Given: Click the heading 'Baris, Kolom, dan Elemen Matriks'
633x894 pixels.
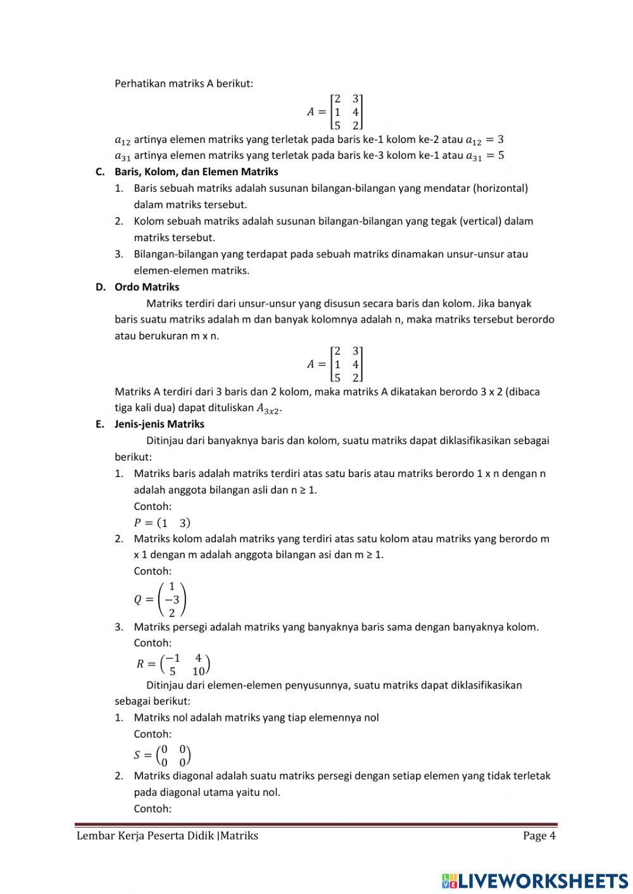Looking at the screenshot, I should pos(196,171).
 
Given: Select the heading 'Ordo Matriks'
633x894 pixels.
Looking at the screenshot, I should pos(146,287).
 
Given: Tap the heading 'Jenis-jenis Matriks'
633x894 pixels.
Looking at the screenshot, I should pos(159,424).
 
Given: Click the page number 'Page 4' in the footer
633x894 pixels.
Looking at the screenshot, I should pos(539,835).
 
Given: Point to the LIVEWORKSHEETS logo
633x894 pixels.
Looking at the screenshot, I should pos(534,880).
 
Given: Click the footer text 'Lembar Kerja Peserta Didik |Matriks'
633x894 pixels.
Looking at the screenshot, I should pos(167,835).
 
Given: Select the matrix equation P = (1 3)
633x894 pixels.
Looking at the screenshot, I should pos(161,523).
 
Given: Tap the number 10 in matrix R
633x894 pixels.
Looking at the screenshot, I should pos(198,671).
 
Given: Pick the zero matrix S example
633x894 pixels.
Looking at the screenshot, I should pos(163,754).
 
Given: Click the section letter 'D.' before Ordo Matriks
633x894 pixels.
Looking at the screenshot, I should pos(100,287).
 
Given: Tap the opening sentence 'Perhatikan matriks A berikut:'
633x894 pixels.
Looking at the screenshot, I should pos(184,83).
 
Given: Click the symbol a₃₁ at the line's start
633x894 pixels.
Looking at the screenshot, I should pos(122,156).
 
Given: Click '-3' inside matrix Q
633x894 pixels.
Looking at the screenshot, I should pos(172,599).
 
